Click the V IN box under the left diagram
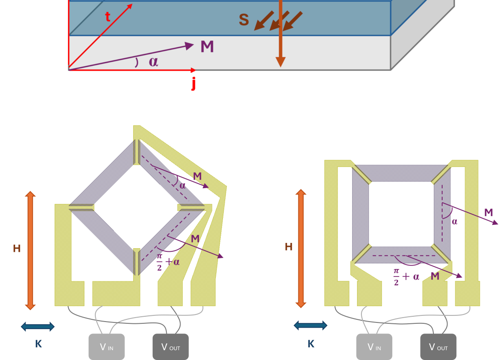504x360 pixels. click(x=106, y=347)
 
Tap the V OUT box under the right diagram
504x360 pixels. click(x=438, y=347)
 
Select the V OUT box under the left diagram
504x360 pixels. click(x=170, y=347)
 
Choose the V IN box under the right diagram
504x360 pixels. click(x=374, y=347)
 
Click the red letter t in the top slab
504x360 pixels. click(x=107, y=17)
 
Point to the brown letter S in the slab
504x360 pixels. click(x=244, y=20)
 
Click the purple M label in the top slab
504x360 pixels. click(x=207, y=47)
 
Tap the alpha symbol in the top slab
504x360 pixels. click(x=153, y=61)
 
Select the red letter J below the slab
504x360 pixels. click(x=193, y=83)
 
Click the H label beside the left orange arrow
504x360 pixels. click(x=17, y=249)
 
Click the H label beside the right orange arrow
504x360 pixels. click(x=288, y=246)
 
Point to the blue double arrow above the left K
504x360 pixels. click(x=38, y=327)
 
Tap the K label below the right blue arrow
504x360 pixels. click(x=311, y=344)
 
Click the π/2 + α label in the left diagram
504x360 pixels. click(x=168, y=261)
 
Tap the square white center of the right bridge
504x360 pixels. click(x=401, y=214)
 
